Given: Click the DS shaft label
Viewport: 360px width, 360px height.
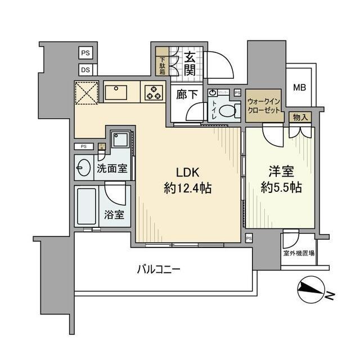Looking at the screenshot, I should pyautogui.click(x=85, y=70).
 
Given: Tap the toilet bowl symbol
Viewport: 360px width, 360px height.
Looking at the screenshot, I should pyautogui.click(x=227, y=111).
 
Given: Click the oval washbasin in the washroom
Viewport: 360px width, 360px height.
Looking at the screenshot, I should pyautogui.click(x=83, y=168).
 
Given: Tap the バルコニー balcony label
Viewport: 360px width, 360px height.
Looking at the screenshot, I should pyautogui.click(x=158, y=269).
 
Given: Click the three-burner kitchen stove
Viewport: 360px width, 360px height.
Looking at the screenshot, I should pyautogui.click(x=153, y=92).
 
